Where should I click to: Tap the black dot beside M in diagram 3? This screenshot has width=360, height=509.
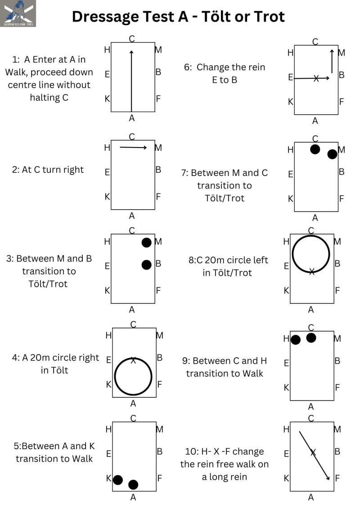click(146, 243)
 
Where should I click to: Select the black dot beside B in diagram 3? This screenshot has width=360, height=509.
click(146, 265)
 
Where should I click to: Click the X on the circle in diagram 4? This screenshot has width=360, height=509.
click(133, 360)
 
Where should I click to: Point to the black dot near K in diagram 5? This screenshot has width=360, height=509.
click(118, 480)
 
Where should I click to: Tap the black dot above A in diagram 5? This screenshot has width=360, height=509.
click(133, 485)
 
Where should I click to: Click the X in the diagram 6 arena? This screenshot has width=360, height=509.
click(316, 78)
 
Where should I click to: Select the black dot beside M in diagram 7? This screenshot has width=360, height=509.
click(332, 154)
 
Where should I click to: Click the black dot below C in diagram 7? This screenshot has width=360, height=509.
click(315, 149)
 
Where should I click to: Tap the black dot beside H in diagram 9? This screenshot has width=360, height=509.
click(295, 340)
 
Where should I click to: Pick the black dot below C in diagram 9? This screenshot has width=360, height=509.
click(311, 338)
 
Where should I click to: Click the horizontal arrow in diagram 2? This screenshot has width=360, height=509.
click(134, 147)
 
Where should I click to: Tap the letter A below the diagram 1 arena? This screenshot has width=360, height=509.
click(132, 118)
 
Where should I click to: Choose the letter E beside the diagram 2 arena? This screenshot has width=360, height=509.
click(107, 172)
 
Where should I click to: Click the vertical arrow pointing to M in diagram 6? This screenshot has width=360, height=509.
click(332, 61)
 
